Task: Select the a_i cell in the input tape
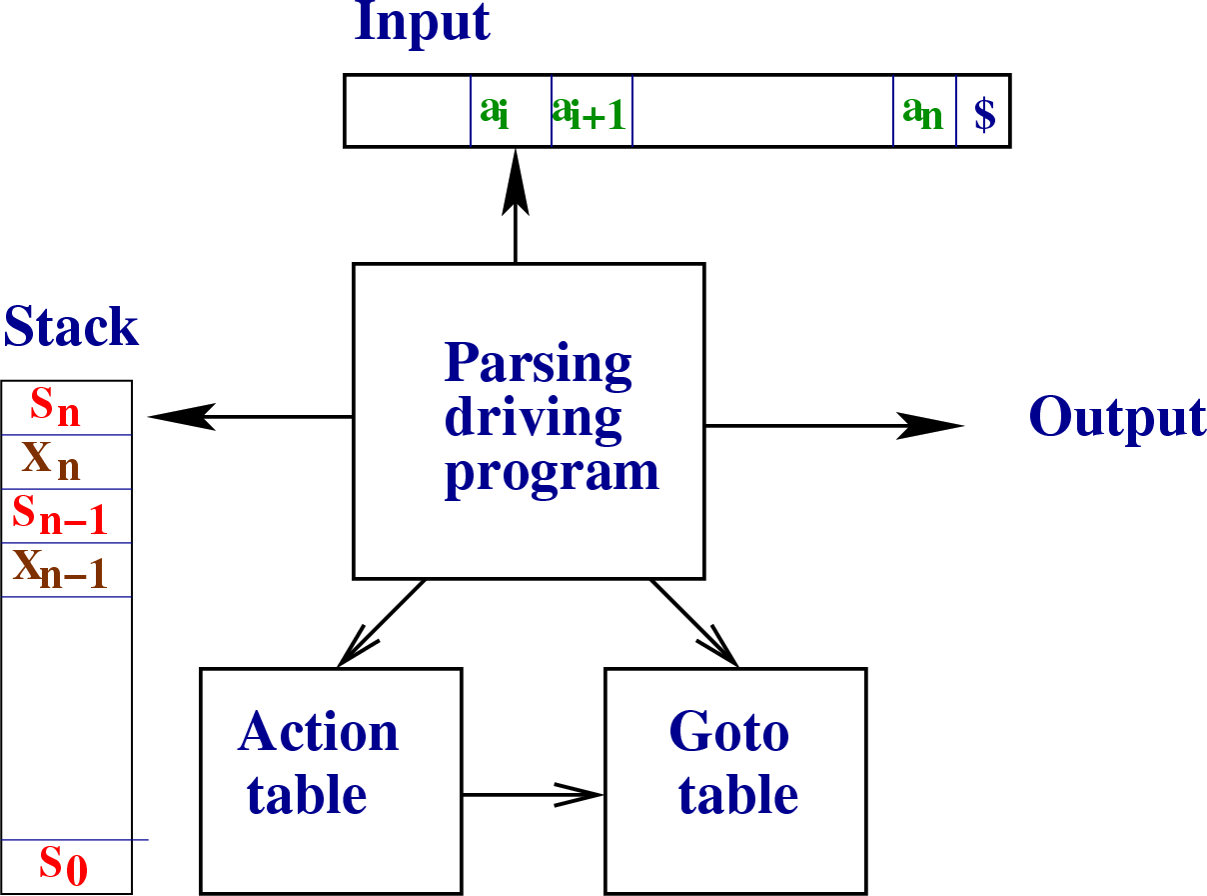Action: [x=510, y=111]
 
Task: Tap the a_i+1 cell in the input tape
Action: [x=592, y=111]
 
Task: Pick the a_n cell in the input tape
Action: [x=924, y=111]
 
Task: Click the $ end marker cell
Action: [x=984, y=112]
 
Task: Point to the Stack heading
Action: [x=71, y=327]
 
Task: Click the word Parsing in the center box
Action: [x=539, y=363]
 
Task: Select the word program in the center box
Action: [x=553, y=470]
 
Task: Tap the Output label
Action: [x=1117, y=418]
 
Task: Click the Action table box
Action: [x=331, y=780]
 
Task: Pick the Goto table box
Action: [x=735, y=780]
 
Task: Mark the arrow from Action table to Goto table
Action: [x=534, y=795]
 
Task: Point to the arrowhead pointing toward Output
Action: [x=934, y=426]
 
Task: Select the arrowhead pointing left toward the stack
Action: [x=180, y=416]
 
